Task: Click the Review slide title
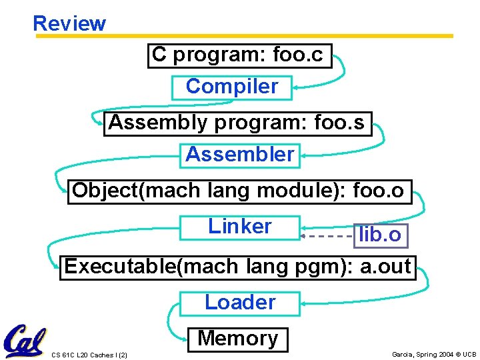click(x=69, y=23)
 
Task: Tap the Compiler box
click(x=232, y=87)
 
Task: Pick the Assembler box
click(x=240, y=155)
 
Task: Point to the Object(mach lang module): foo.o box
click(x=238, y=191)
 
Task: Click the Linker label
click(x=240, y=227)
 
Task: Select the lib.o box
click(x=380, y=235)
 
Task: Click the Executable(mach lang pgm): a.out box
click(x=238, y=267)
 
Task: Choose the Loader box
click(x=240, y=303)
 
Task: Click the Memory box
click(x=238, y=339)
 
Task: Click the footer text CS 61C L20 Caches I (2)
click(x=89, y=354)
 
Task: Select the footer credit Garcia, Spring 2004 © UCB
click(x=434, y=354)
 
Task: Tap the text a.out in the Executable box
click(x=385, y=267)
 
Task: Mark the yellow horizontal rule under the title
click(x=244, y=36)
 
